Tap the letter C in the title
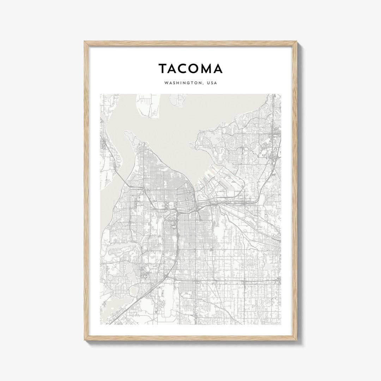[183, 69]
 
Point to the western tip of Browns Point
[190, 144]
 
